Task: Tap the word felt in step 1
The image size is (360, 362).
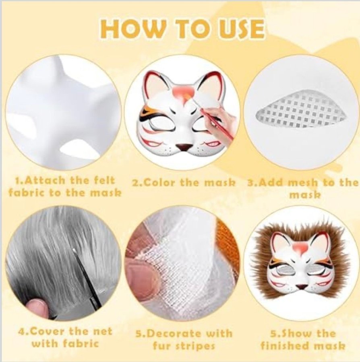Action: point(103,181)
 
